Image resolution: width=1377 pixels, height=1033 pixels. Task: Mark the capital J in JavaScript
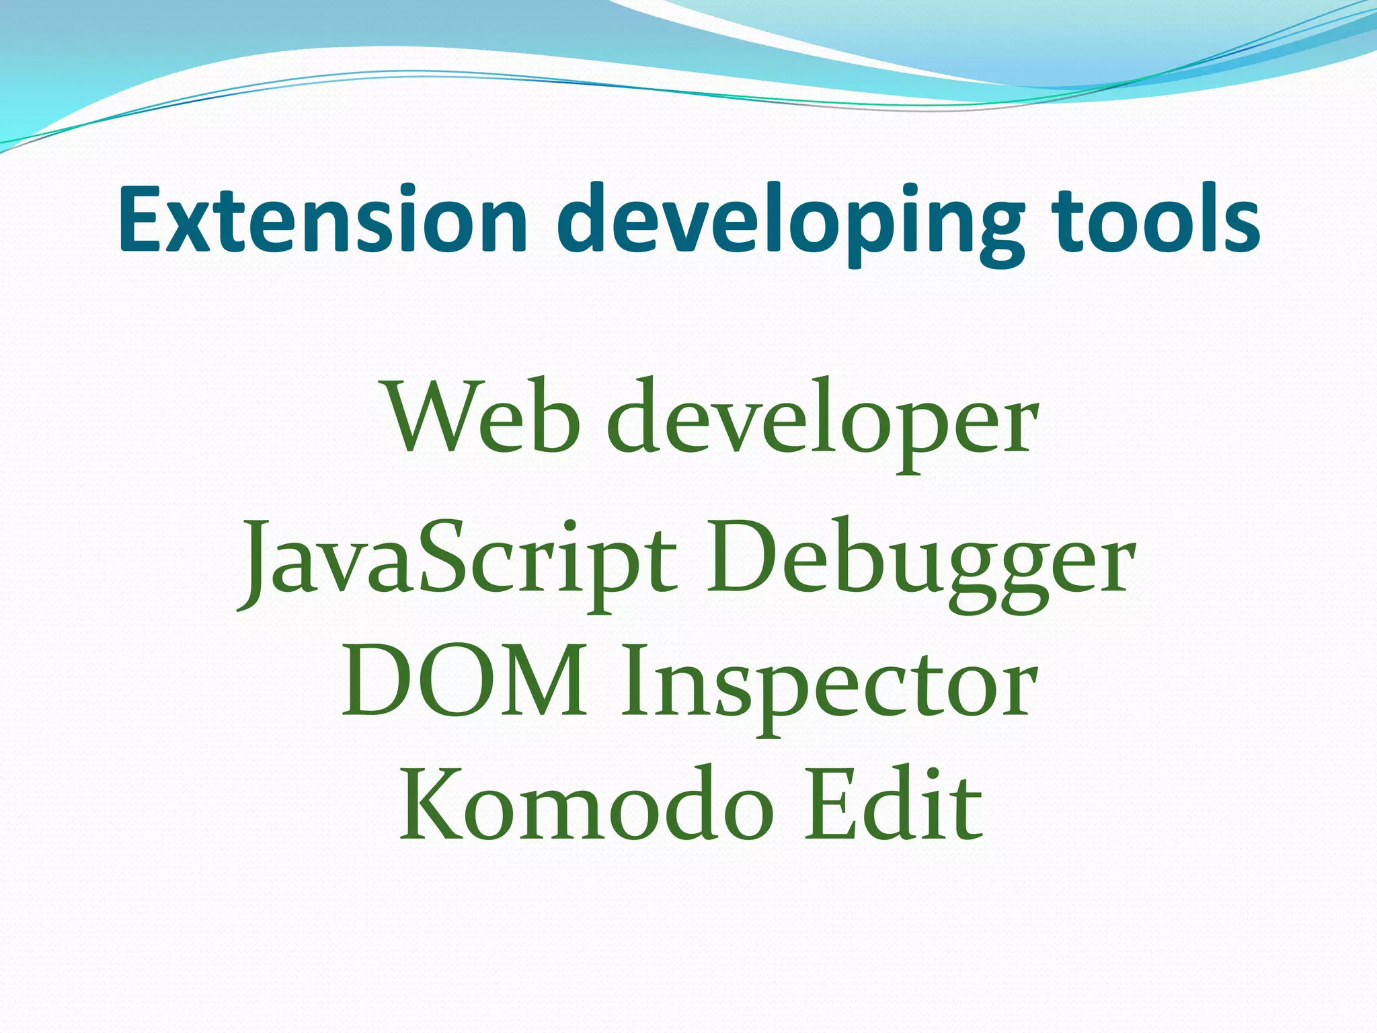pyautogui.click(x=258, y=565)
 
